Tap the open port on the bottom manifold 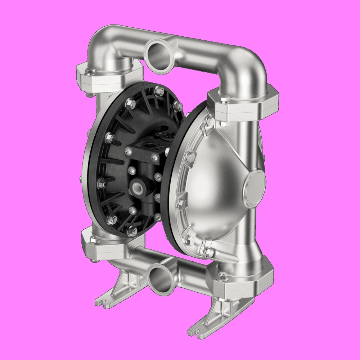(159, 278)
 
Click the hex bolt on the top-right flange (223, 99)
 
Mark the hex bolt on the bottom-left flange (94, 238)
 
